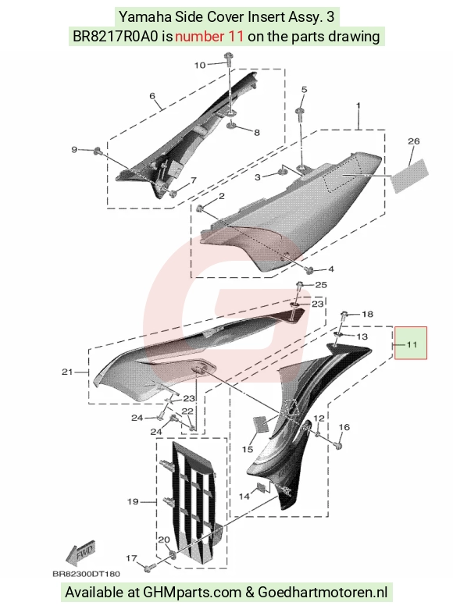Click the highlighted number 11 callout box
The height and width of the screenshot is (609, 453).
(411, 343)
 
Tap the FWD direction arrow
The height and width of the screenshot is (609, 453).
(81, 554)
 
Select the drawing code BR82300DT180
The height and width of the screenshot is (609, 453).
(86, 574)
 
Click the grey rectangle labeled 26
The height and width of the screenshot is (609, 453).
(410, 176)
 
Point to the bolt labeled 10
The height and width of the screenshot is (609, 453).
(227, 59)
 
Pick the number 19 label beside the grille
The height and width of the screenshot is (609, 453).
(134, 501)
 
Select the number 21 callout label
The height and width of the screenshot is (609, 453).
(67, 372)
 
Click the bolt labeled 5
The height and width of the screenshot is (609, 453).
(300, 112)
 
